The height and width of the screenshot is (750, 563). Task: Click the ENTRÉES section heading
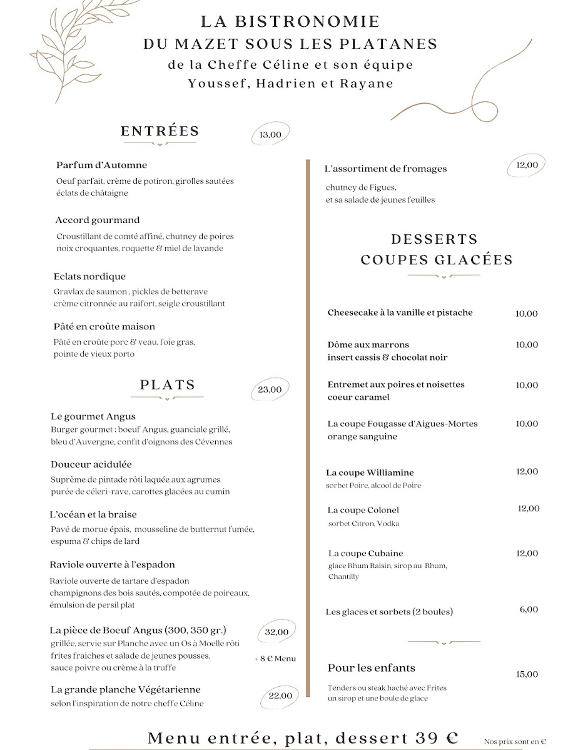pos(160,131)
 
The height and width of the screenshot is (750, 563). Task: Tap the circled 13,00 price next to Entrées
pos(270,134)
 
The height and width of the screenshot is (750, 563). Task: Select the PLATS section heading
pos(168,385)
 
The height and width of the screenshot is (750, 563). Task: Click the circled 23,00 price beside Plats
pos(270,389)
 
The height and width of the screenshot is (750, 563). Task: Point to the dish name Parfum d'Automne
pos(101,165)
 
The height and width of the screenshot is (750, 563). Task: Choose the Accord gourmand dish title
pos(98,220)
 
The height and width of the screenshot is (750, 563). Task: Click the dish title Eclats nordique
pos(90,276)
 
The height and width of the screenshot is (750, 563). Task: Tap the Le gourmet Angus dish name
pos(93,416)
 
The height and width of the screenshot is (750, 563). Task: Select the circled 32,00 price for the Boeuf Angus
pos(276,632)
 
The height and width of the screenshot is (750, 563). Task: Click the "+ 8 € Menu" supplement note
pos(275,658)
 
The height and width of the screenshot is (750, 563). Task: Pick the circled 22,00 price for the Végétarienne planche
pos(280,696)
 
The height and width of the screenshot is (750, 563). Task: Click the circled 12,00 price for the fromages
pos(527,165)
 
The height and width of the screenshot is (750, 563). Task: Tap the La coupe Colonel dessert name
pos(363,510)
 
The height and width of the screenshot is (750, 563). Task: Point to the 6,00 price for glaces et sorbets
pos(529,609)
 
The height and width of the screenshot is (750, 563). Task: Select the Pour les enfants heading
pos(372,668)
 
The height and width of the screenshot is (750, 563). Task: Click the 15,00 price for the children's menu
pos(527,674)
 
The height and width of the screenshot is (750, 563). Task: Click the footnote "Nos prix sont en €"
pos(515,741)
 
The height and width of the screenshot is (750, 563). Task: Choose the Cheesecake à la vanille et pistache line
pos(400,312)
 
